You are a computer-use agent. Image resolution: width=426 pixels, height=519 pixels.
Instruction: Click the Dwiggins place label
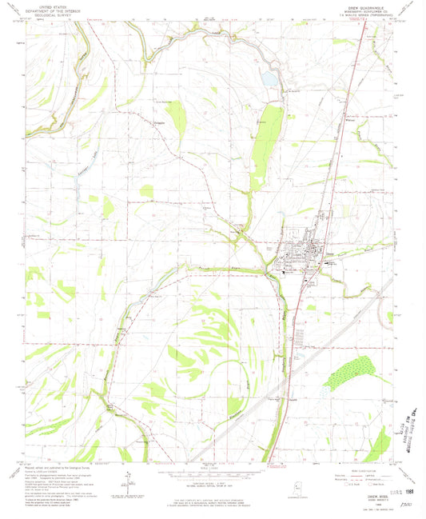(159, 122)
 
